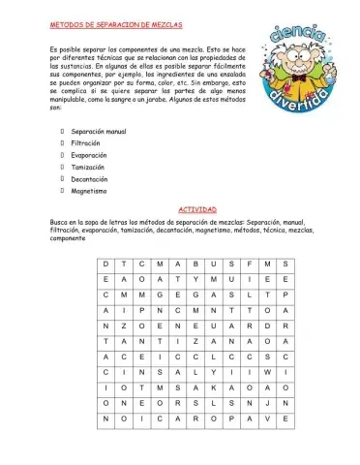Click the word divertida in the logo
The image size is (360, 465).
coord(293,102)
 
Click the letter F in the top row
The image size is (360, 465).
coord(251,263)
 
